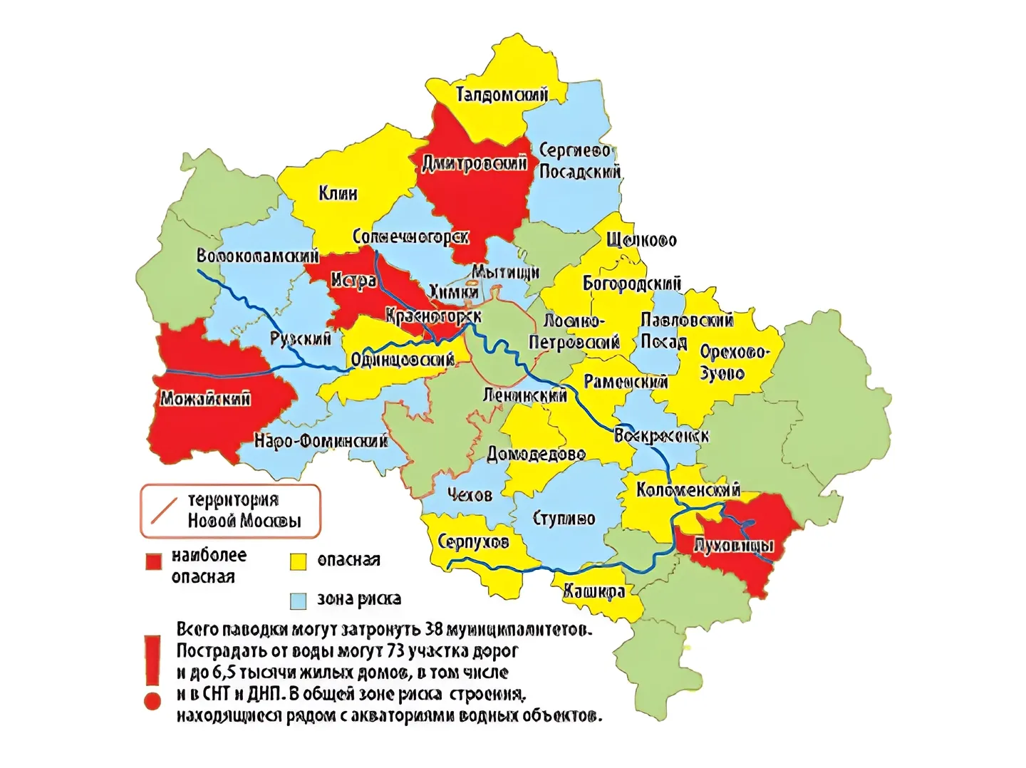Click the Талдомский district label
[x=502, y=94]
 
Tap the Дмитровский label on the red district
[x=475, y=163]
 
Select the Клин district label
[x=338, y=193]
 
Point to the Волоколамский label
[x=257, y=256]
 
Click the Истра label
[x=353, y=281]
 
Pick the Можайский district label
[x=205, y=398]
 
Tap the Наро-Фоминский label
[x=321, y=441]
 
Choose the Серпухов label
[x=473, y=541]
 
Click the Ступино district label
[x=564, y=519]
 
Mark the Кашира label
[x=594, y=591]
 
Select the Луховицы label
[x=733, y=546]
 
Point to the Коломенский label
[x=688, y=489]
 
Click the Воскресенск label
[x=661, y=435]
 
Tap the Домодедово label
[x=536, y=454]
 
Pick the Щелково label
[x=641, y=240]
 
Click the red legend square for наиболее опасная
[x=153, y=561]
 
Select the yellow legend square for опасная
[x=298, y=561]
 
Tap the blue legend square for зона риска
[x=298, y=600]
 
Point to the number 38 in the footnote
[x=435, y=630]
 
